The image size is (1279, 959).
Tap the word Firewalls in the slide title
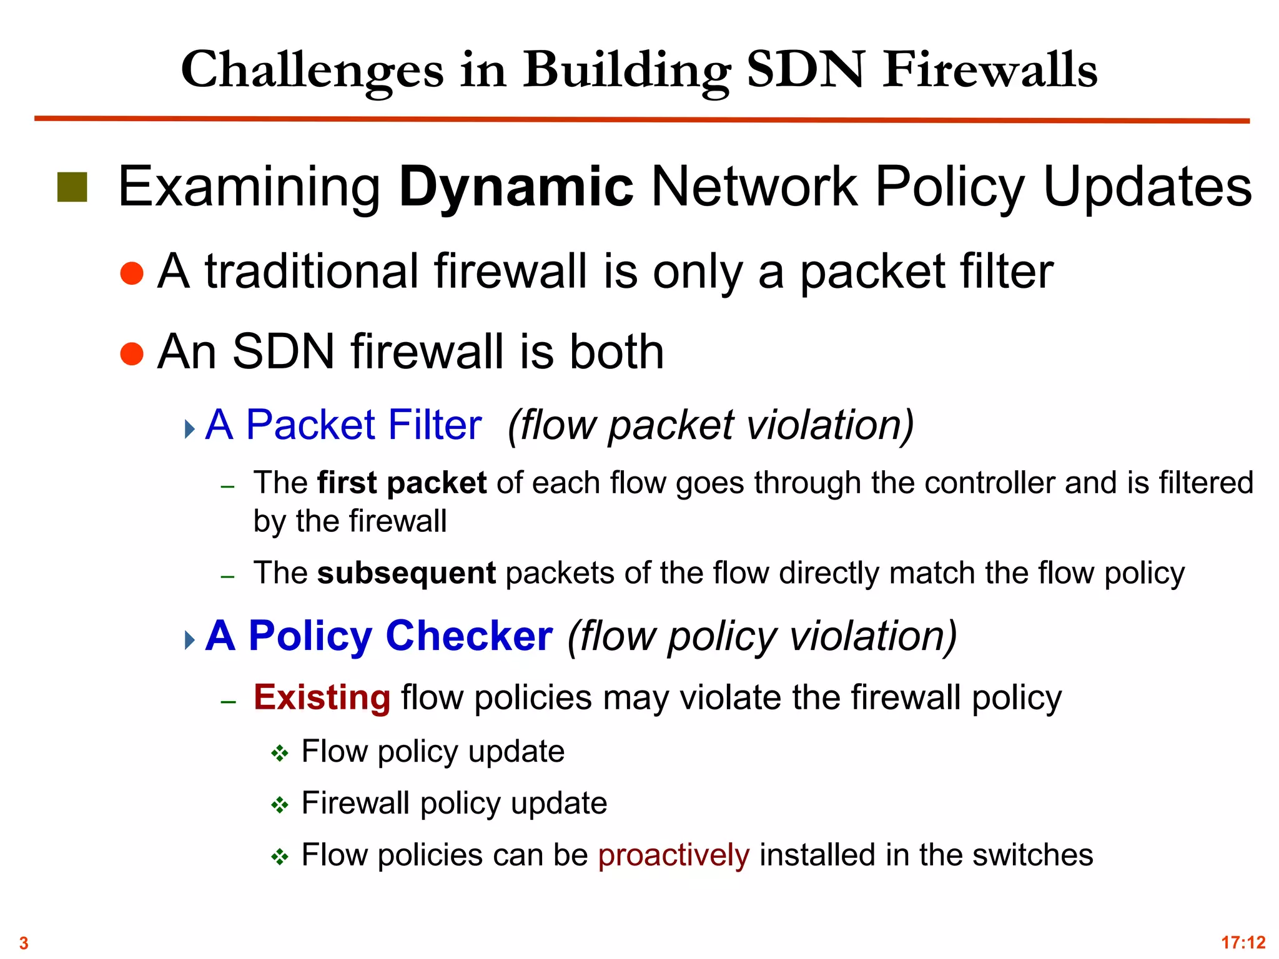coord(990,69)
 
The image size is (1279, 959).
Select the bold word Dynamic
coord(516,187)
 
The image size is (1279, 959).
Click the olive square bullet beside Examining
coord(72,187)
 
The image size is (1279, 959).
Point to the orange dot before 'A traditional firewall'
coord(132,273)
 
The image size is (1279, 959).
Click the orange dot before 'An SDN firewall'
coord(132,353)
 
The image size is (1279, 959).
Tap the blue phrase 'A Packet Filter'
coord(343,425)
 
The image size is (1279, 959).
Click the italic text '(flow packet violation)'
coord(711,425)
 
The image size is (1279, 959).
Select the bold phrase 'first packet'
coord(402,483)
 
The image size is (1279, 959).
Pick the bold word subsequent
coord(407,573)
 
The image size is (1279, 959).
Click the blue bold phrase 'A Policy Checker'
coord(379,636)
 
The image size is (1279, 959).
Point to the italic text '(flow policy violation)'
coord(762,636)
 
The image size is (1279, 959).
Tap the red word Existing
coord(322,697)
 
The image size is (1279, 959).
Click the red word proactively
coord(673,855)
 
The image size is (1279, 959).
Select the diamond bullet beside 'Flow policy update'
coord(279,754)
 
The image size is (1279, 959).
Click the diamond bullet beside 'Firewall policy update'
coord(279,805)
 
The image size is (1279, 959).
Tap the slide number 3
coord(24,943)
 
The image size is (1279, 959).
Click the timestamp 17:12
coord(1243,942)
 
